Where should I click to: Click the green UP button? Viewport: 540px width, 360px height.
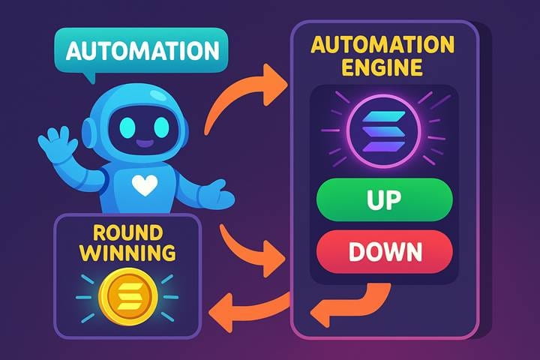(x=384, y=199)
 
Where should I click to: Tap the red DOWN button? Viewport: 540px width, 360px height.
(x=384, y=252)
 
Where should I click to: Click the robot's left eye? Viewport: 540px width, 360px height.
(x=127, y=127)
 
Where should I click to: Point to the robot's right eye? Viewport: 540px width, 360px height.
(x=161, y=127)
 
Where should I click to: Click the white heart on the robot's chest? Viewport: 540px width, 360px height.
(x=145, y=185)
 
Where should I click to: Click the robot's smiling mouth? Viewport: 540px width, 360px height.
(x=144, y=142)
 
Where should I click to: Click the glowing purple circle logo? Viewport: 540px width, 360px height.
(x=384, y=131)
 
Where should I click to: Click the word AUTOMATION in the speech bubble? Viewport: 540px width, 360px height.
(x=142, y=51)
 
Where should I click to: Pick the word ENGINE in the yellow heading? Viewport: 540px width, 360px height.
(x=382, y=67)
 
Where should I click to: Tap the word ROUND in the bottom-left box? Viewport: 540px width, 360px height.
(x=127, y=232)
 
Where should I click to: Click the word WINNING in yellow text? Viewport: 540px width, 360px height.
(x=127, y=253)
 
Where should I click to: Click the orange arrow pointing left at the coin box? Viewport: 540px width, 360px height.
(x=249, y=308)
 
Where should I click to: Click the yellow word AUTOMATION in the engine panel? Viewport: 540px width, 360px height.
(x=382, y=45)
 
